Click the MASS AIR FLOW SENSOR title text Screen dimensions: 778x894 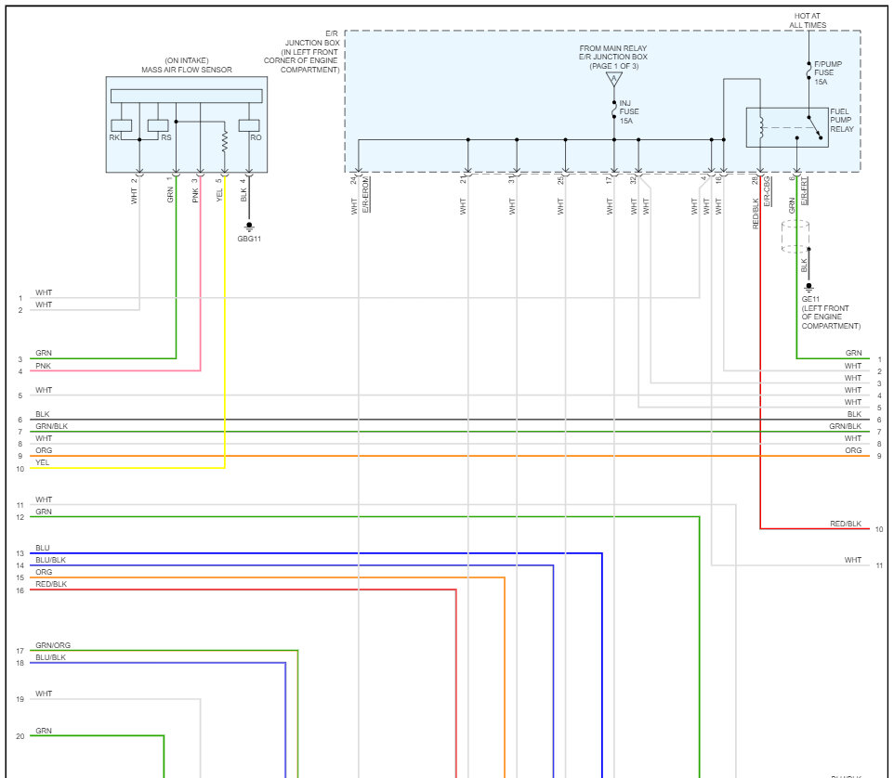[186, 70]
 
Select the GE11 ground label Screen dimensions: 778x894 [812, 299]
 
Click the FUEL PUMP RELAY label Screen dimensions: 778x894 [841, 119]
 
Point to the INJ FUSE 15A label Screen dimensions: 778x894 [629, 111]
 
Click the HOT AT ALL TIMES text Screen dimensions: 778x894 [809, 20]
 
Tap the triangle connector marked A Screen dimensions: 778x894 [613, 80]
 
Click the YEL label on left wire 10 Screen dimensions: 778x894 [43, 462]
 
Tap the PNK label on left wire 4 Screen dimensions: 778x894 [43, 366]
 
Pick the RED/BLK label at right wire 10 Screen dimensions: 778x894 [846, 525]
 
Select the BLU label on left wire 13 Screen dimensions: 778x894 [43, 548]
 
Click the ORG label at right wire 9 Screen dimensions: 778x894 [853, 450]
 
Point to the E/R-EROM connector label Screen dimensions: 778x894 [366, 194]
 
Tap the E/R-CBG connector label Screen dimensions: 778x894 [769, 194]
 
